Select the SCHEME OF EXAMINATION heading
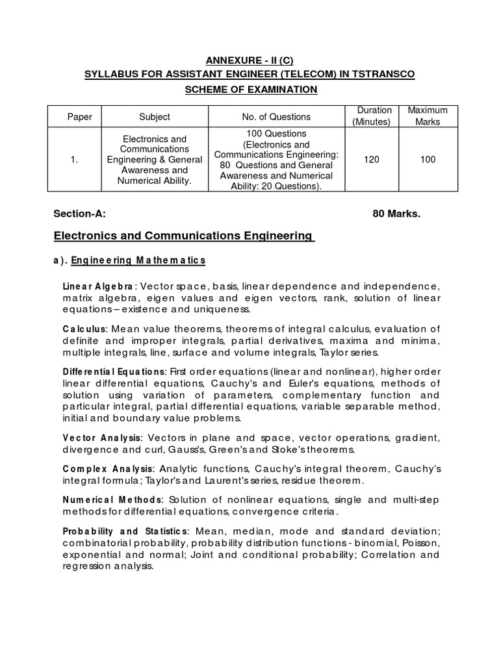click(x=249, y=89)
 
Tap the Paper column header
click(x=80, y=117)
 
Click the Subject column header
click(x=155, y=117)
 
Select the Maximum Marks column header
click(x=428, y=116)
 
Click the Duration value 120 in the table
click(x=372, y=160)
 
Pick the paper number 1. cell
click(x=80, y=160)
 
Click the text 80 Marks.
click(x=396, y=214)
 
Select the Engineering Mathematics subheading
click(x=138, y=261)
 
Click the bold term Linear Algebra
click(x=98, y=286)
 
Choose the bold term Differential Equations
click(x=114, y=371)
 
